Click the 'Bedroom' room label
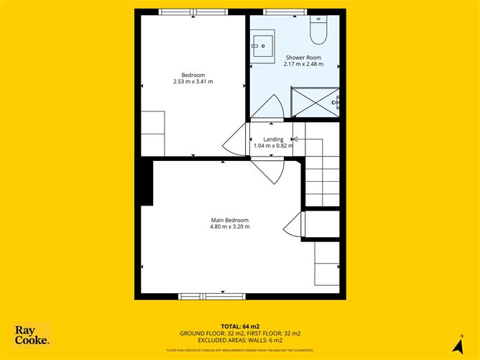pos(193,75)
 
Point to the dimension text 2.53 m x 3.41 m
pos(193,82)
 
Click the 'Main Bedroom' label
pos(229,220)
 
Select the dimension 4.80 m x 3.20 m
pos(229,227)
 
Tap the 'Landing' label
pos(273,139)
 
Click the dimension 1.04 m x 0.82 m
pos(274,146)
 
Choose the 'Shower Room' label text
pos(303,57)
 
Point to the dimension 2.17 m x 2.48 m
pos(303,64)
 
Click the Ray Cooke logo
pos(32,335)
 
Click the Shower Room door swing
pos(270,106)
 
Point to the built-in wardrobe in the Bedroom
pos(153,133)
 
